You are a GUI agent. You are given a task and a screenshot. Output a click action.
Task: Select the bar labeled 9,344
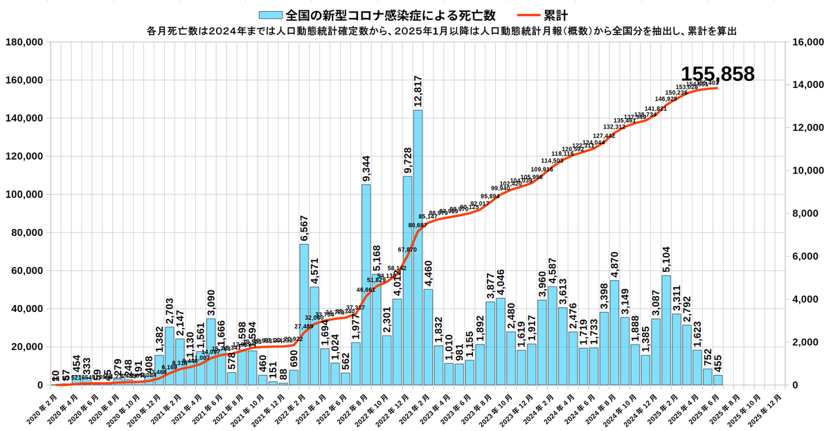(366, 284)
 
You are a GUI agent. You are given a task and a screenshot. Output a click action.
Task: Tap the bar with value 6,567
(304, 314)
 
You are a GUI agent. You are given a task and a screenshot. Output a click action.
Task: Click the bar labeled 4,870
(614, 332)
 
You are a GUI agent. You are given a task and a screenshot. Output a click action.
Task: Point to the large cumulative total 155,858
(717, 75)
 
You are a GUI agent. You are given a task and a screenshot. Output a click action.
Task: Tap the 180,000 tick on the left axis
(24, 42)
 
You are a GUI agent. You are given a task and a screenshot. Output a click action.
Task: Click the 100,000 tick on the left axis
(24, 194)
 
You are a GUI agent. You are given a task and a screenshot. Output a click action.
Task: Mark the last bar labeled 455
(718, 380)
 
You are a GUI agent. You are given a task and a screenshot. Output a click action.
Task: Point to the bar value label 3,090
(211, 300)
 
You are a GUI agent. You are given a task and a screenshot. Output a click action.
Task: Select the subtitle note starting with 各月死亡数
(440, 30)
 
